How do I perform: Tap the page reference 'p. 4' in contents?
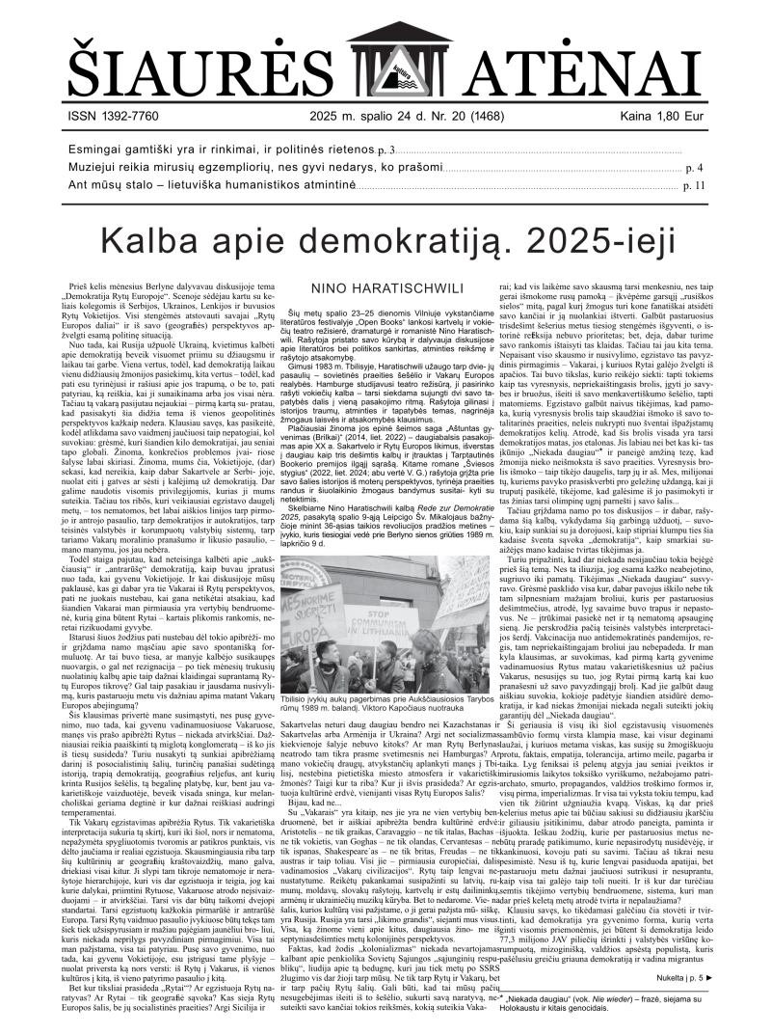pos(695,168)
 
